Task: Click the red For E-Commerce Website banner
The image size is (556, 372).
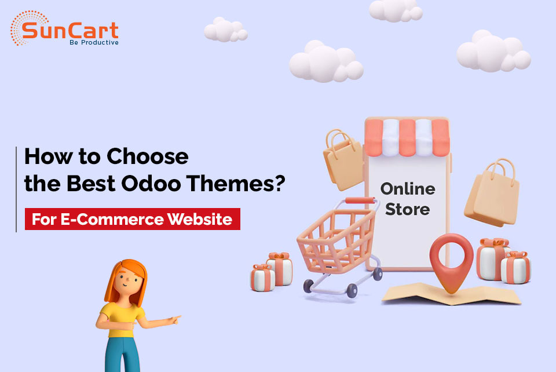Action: tap(132, 220)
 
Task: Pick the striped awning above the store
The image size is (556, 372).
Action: tap(407, 137)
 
